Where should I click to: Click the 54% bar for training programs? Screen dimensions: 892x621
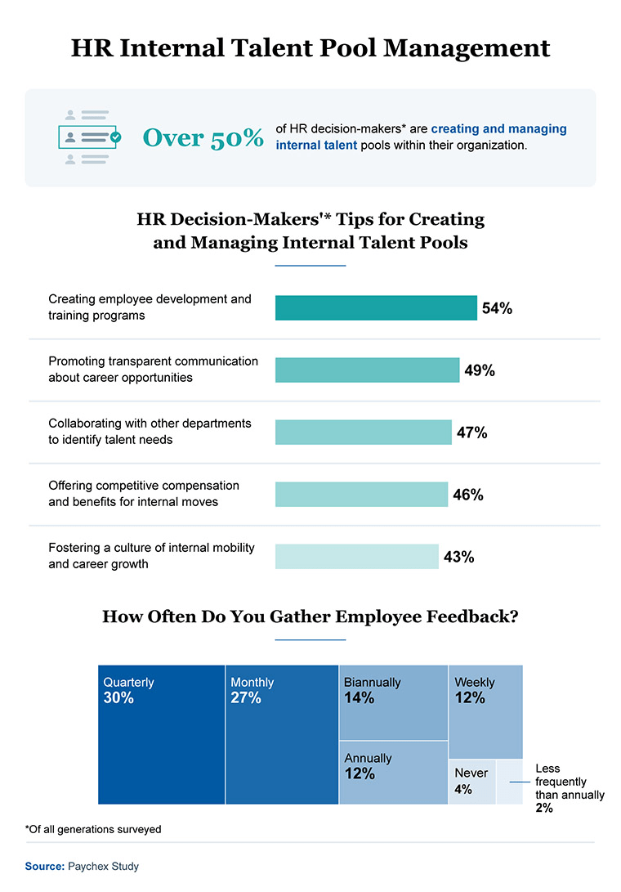376,307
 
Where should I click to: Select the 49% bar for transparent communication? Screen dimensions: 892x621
367,370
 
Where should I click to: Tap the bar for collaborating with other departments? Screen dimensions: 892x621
363,432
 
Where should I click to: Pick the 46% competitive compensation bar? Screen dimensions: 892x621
361,494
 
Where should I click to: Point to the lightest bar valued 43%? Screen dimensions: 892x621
357,556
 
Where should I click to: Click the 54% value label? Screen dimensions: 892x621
497,308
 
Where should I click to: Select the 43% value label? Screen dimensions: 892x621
458,557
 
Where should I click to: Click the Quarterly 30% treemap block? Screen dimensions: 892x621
161,734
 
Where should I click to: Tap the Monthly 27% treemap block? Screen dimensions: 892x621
282,734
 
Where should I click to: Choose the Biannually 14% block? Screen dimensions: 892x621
393,702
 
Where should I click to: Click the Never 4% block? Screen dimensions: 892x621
471,782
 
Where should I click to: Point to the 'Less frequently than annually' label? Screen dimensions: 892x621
570,787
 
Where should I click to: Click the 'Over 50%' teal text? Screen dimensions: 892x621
203,137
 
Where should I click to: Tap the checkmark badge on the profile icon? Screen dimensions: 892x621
115,137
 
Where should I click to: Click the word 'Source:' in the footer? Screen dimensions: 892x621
44,865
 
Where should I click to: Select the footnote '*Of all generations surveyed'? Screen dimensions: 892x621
93,829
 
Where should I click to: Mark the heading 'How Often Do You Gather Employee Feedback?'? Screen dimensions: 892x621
310,616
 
